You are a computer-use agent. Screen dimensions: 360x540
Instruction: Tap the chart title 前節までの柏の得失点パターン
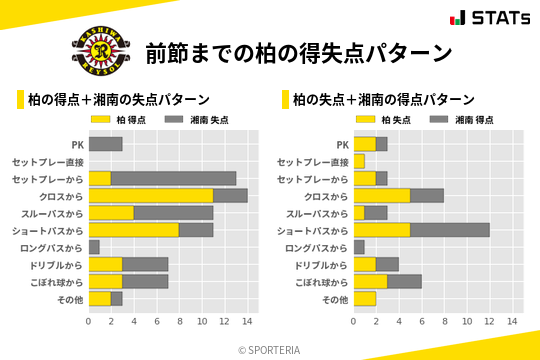click(x=298, y=52)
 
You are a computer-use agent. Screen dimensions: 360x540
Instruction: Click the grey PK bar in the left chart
click(x=105, y=144)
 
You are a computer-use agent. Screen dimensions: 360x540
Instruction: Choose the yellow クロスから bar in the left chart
click(x=150, y=195)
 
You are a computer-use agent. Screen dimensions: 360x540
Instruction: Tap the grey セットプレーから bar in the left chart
click(x=173, y=178)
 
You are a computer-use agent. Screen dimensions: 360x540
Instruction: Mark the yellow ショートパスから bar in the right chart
click(x=381, y=230)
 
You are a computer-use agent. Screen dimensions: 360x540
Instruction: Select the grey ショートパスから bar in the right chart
click(x=449, y=230)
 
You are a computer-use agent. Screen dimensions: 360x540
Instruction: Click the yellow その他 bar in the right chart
click(x=364, y=298)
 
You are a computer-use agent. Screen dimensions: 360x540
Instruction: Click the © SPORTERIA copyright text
click(x=270, y=349)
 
